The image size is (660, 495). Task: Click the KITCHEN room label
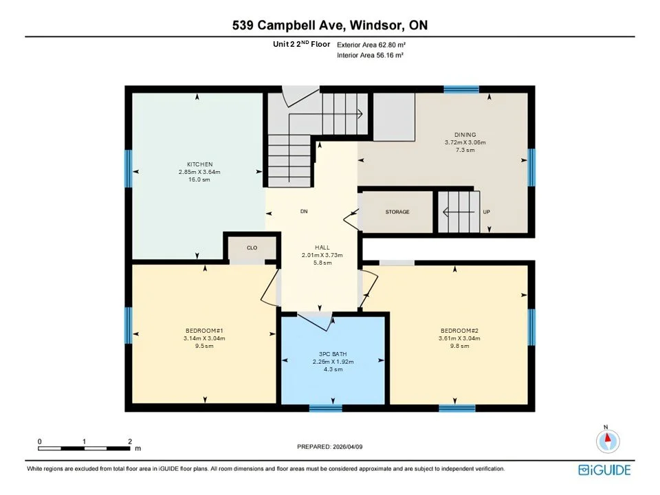[x=197, y=164]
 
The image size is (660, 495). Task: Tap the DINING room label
[x=465, y=135]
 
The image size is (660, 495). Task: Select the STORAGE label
[x=397, y=212]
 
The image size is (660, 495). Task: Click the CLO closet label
[x=252, y=247]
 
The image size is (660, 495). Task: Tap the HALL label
[x=322, y=247]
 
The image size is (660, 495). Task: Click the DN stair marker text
[x=303, y=211]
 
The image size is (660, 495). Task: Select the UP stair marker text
[x=486, y=212]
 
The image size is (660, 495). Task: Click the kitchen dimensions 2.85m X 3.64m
[x=197, y=172]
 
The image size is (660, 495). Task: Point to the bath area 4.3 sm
[x=333, y=369]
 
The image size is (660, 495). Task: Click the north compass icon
[x=607, y=440]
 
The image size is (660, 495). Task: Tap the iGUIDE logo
[x=604, y=470]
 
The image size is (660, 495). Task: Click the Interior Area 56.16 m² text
[x=370, y=55]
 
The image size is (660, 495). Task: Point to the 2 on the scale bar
[x=129, y=441]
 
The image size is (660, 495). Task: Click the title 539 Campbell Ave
[x=289, y=26]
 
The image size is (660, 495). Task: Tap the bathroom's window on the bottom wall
[x=326, y=408]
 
